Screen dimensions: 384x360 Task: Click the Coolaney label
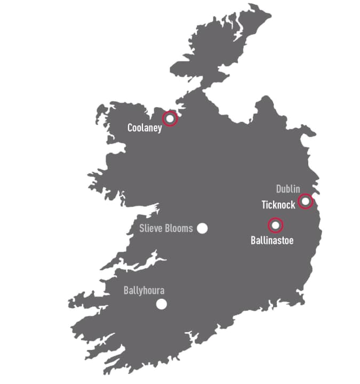click(x=145, y=128)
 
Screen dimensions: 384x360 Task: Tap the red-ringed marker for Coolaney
click(x=170, y=118)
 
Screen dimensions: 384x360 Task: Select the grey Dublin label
click(x=288, y=189)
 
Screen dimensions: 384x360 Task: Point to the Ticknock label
click(x=278, y=204)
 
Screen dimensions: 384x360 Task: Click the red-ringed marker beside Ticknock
click(x=305, y=201)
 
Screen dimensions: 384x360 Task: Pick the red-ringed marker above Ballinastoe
click(x=275, y=226)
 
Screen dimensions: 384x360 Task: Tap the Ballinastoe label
click(x=272, y=241)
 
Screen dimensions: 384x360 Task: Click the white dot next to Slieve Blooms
click(x=202, y=228)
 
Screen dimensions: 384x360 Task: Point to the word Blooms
click(x=179, y=229)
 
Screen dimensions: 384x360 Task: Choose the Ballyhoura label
click(x=144, y=291)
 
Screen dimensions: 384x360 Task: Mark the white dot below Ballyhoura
click(x=161, y=304)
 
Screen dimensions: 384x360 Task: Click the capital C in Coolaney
click(x=130, y=128)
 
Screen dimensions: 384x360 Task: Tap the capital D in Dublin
click(x=279, y=189)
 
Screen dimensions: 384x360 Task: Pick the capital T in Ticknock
click(x=263, y=204)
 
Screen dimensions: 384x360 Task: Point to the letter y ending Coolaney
click(x=159, y=129)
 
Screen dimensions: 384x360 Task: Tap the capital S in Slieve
click(x=141, y=229)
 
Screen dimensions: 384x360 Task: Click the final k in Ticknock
click(x=293, y=204)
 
